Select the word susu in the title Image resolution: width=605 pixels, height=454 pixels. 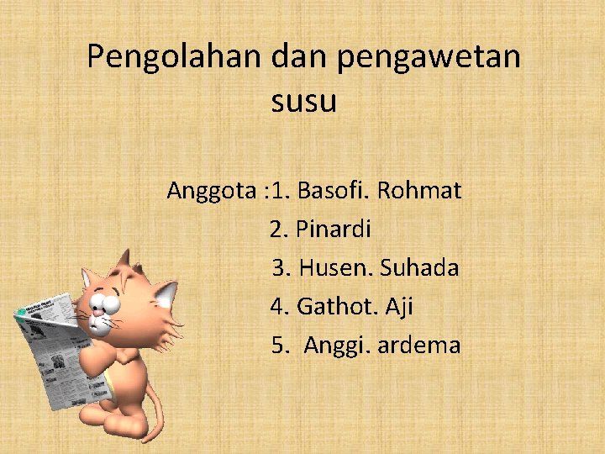(x=303, y=102)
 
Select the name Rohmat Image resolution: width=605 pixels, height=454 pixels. (x=419, y=191)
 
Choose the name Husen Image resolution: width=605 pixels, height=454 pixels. (x=335, y=268)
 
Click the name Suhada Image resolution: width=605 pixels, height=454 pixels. (x=419, y=268)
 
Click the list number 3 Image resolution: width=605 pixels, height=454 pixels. (x=281, y=268)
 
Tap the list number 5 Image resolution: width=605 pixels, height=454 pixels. (x=278, y=346)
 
